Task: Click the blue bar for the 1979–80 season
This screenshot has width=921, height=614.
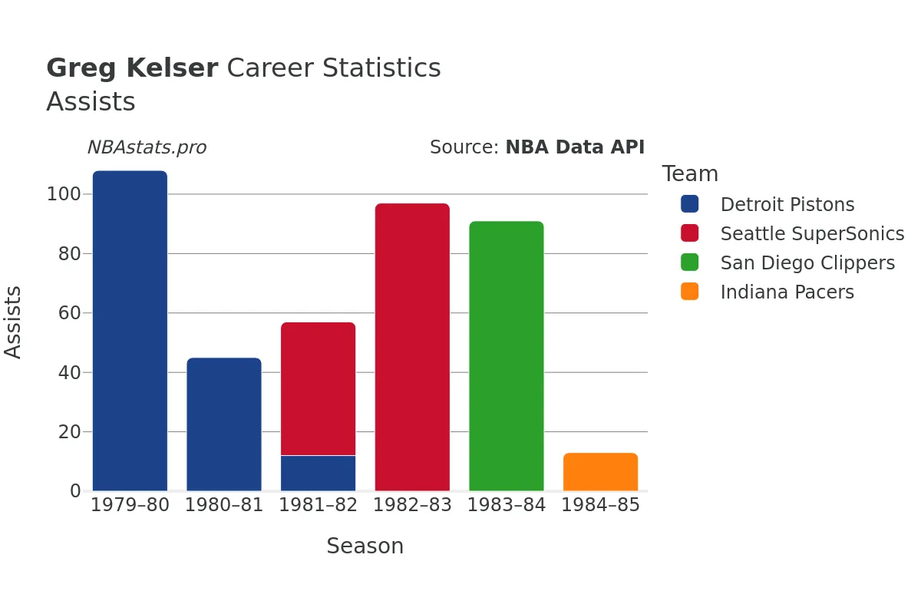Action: (x=130, y=331)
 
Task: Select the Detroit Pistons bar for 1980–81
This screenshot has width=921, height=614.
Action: (x=224, y=424)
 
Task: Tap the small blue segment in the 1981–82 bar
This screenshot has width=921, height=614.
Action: (x=318, y=473)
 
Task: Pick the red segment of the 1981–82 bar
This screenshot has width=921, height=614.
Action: (x=318, y=388)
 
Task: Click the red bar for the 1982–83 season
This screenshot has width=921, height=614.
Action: (x=412, y=347)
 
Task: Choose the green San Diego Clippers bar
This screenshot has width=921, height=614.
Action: (x=507, y=356)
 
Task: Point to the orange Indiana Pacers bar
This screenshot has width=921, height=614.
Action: (x=600, y=472)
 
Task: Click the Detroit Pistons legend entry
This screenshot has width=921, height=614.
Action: (x=787, y=205)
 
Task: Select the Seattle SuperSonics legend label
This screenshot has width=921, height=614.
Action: (x=812, y=234)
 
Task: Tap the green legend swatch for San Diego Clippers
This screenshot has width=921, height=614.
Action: (x=689, y=262)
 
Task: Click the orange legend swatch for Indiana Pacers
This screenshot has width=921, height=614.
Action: (x=689, y=292)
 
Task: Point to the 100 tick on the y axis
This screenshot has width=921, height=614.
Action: (x=64, y=194)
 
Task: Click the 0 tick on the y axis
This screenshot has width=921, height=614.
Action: (x=75, y=491)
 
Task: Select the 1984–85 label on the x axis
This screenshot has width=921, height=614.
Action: (x=600, y=505)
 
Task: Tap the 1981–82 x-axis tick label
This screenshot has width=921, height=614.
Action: (x=318, y=505)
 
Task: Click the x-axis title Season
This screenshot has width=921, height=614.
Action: (x=365, y=546)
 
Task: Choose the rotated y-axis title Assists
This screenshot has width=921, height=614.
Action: (x=14, y=322)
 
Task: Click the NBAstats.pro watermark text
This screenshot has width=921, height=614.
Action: (x=147, y=147)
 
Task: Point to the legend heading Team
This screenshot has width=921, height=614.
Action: (x=690, y=174)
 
